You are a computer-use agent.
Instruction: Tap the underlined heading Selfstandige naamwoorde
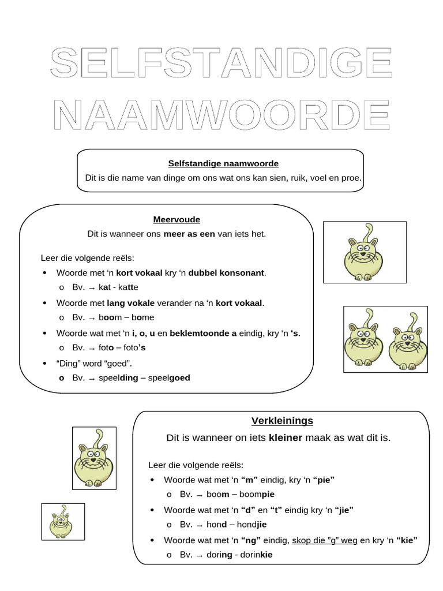coord(215,163)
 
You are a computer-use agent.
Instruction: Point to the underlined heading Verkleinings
coord(282,420)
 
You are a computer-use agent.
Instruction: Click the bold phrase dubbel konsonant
coord(227,272)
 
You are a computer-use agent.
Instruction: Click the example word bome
coord(143,317)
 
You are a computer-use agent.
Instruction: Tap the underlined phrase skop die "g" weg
coord(325,540)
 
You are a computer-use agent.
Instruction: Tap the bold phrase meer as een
coord(189,234)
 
